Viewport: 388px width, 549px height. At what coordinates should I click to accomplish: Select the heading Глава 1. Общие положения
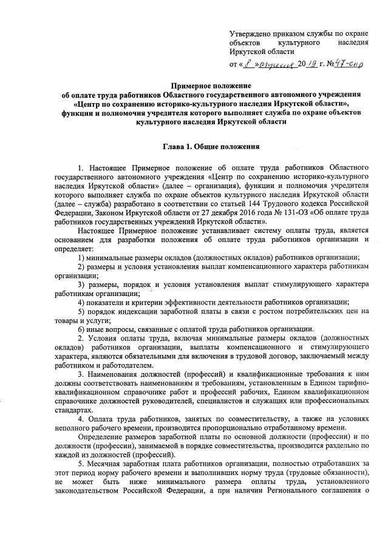(x=212, y=146)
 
